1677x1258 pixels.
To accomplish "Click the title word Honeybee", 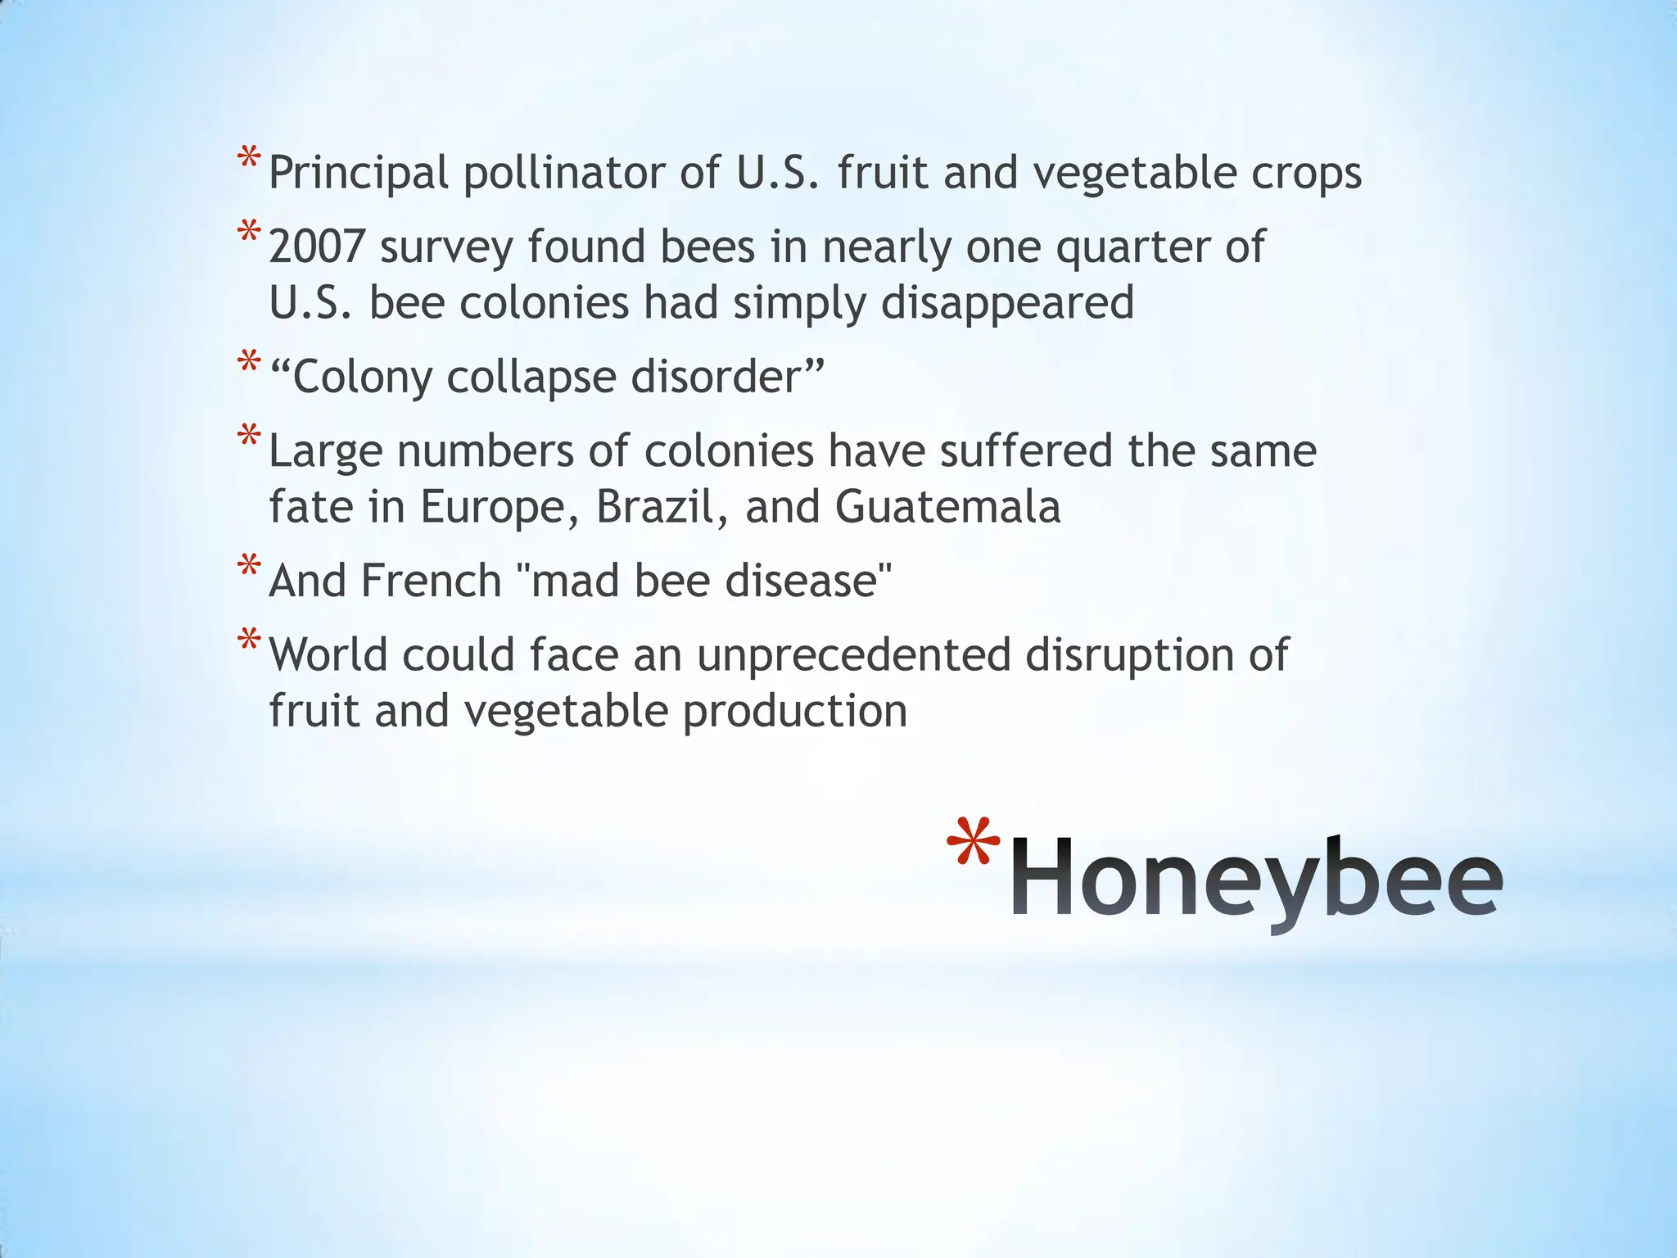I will pos(1256,878).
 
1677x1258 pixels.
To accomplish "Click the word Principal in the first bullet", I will pos(359,174).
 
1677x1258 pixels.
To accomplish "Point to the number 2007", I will pos(316,247).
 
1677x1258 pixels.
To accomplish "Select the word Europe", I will pos(493,507).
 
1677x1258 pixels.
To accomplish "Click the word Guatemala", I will pos(947,507).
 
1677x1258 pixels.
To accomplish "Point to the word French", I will pos(431,581).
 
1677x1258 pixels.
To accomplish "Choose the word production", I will pos(795,712).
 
